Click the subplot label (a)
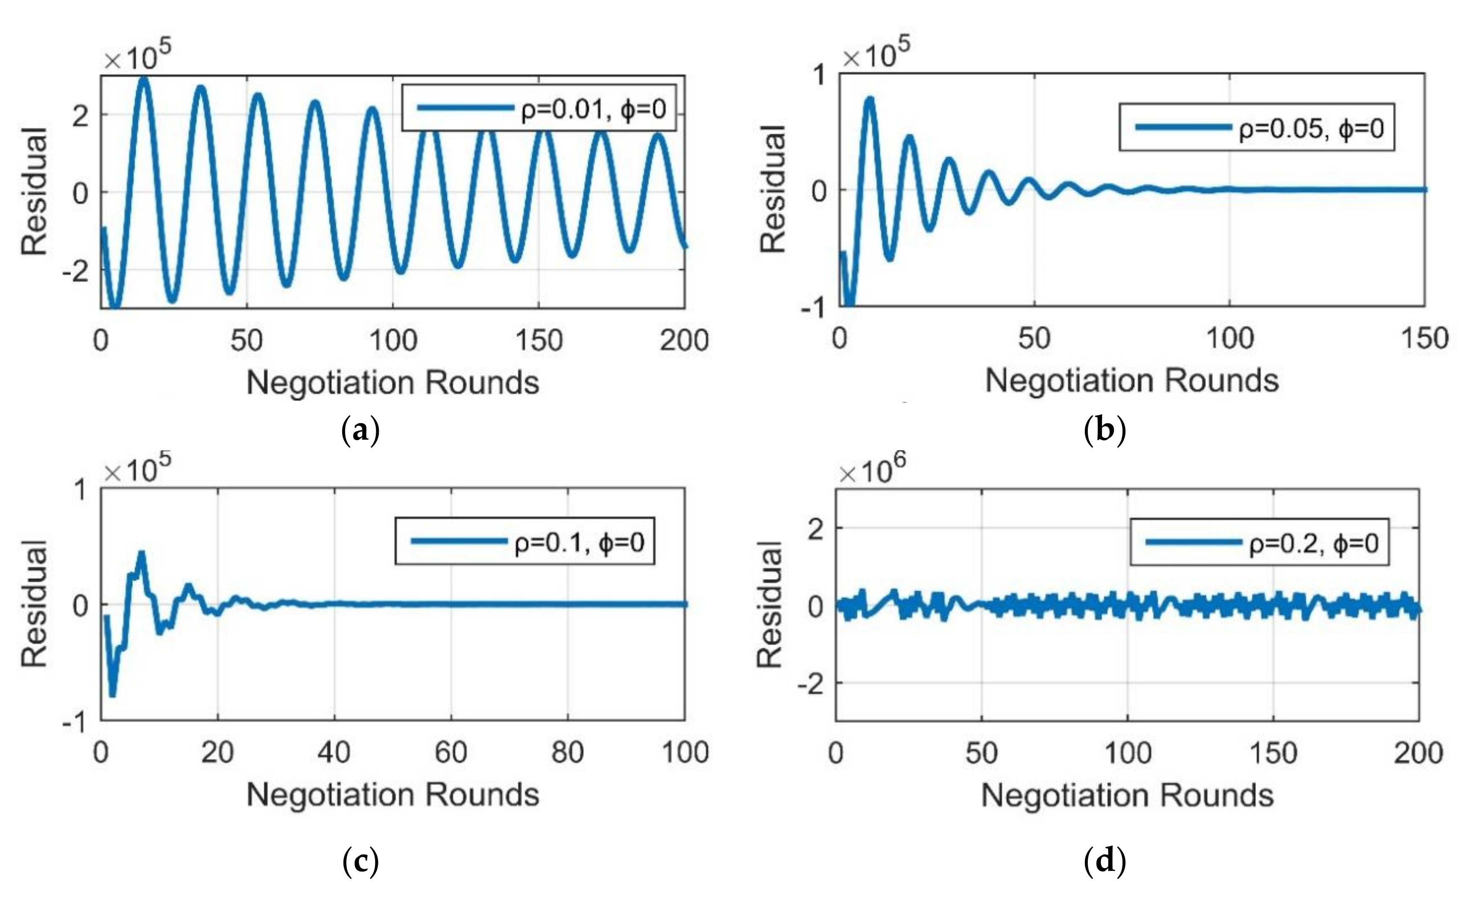pos(360,430)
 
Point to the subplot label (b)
pos(1105,430)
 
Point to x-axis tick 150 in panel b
pos(1424,339)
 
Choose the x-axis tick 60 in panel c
pos(451,752)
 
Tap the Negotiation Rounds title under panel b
pos(1132,380)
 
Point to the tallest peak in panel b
pos(870,100)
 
